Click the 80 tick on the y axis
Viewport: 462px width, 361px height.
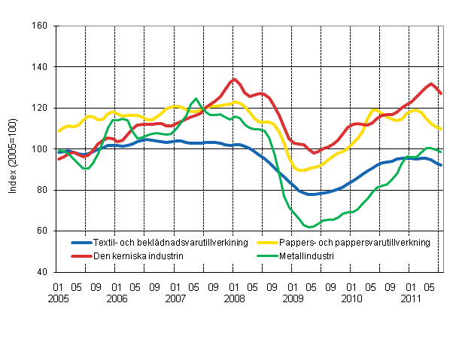(42, 190)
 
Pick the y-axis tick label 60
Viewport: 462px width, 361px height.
(42, 231)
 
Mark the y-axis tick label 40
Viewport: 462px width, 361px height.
(42, 272)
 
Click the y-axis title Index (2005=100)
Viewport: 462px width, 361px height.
(14, 149)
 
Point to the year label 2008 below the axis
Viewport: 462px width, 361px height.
(233, 298)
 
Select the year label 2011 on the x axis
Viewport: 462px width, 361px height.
(409, 298)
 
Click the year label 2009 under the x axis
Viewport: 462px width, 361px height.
(292, 298)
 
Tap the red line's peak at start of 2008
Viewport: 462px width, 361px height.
(234, 79)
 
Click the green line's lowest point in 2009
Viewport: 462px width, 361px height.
(310, 227)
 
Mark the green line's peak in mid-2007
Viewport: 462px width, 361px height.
(196, 99)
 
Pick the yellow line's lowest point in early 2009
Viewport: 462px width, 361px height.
(302, 170)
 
